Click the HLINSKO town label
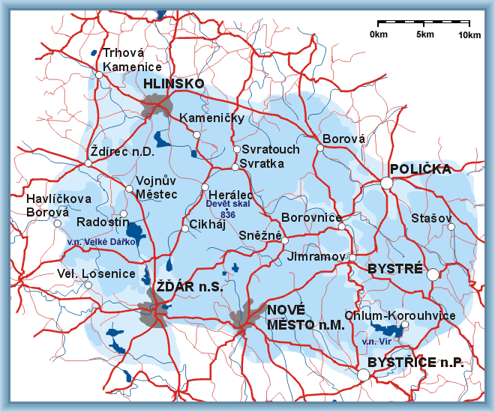173,84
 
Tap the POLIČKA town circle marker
386,182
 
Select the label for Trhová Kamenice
132,60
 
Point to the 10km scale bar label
469,35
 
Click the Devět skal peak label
228,204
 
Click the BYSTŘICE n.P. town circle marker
363,375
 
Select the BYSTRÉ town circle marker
433,274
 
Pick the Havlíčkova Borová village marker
58,223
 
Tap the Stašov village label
431,218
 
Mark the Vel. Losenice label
96,273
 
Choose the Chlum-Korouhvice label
400,315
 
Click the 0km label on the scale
379,35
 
